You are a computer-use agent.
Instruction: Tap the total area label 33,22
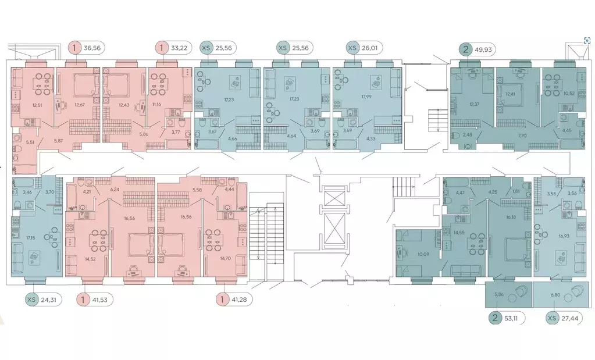click(180, 48)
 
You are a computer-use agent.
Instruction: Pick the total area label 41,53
click(100, 300)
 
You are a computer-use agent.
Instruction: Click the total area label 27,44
click(569, 318)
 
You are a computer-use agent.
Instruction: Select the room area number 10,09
click(423, 254)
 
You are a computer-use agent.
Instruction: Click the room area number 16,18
click(511, 217)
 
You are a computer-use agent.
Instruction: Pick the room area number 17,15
click(30, 238)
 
